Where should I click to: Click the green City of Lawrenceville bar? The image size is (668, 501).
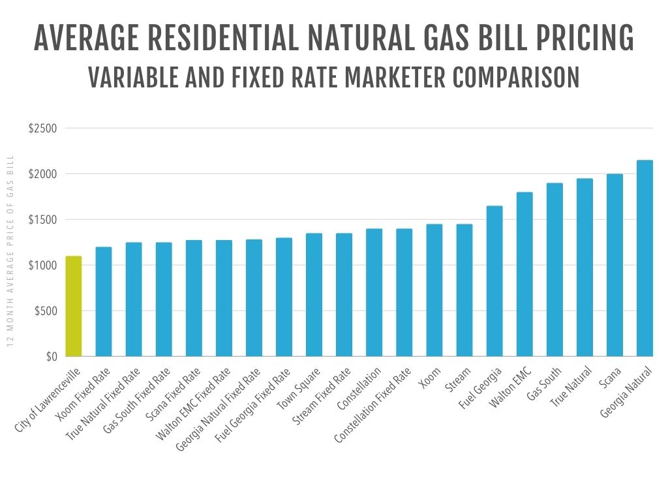click(x=73, y=307)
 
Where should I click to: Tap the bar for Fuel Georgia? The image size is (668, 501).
click(x=494, y=281)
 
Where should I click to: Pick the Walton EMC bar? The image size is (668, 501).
click(x=524, y=275)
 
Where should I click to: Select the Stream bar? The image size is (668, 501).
click(x=464, y=290)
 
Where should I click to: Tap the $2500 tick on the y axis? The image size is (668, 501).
click(x=42, y=129)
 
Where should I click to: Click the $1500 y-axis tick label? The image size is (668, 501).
click(x=42, y=220)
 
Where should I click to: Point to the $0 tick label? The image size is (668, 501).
click(x=51, y=357)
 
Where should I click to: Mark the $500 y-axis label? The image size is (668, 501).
click(x=45, y=311)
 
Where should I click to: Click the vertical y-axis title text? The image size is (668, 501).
click(x=10, y=260)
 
